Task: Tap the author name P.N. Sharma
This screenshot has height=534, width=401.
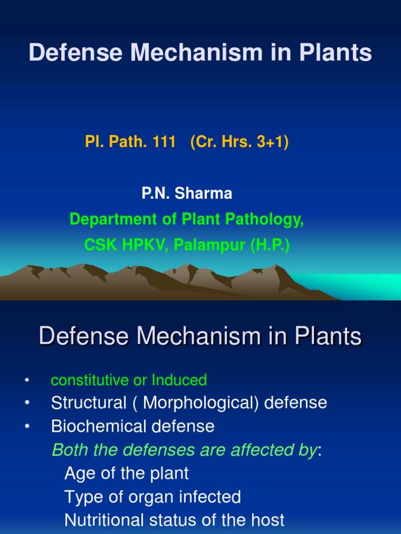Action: (x=187, y=193)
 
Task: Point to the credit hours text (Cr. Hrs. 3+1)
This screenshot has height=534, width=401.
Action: (x=240, y=142)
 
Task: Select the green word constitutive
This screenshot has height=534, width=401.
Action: (x=87, y=380)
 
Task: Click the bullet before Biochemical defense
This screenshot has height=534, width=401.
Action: (x=26, y=427)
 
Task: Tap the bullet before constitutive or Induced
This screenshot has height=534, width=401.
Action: (x=26, y=380)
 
